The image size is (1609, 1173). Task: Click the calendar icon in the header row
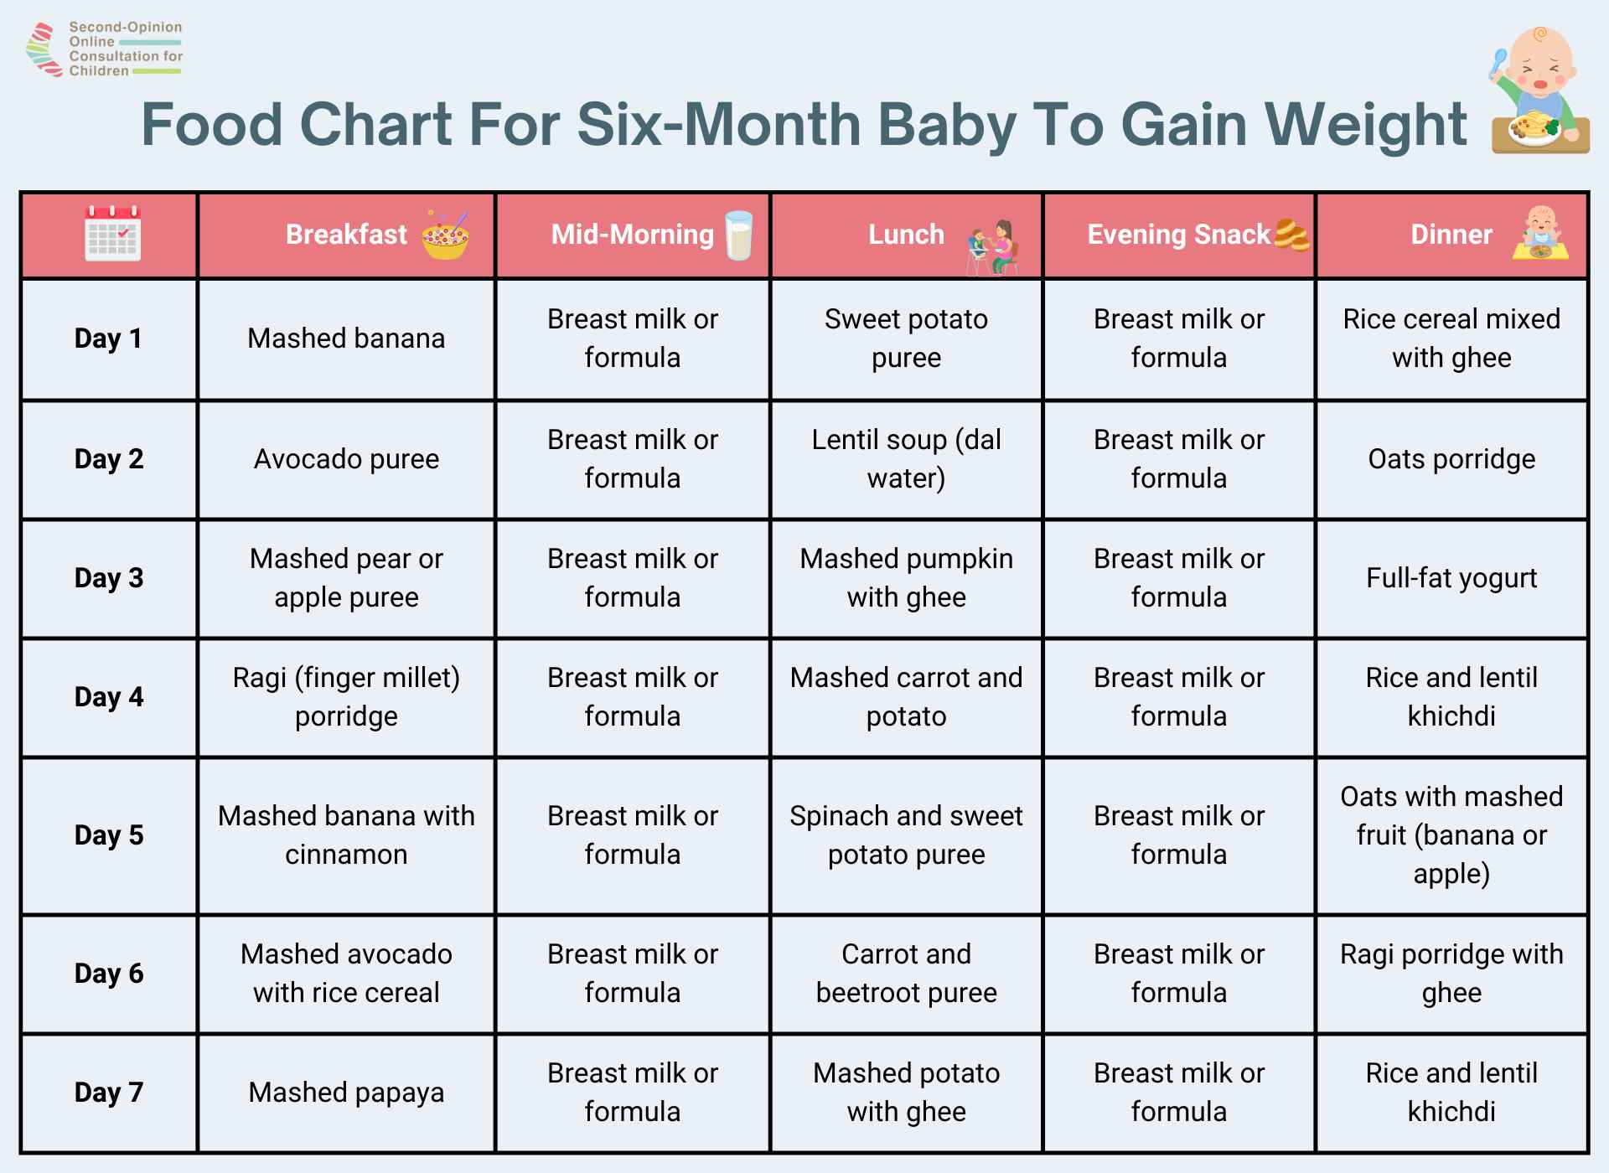click(x=112, y=234)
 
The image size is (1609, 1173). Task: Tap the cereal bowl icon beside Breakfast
click(x=446, y=235)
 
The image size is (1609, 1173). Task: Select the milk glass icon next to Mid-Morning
click(x=738, y=235)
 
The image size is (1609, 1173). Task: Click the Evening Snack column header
click(x=1178, y=235)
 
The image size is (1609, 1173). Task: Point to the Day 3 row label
click(x=109, y=578)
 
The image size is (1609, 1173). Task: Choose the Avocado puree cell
click(x=346, y=459)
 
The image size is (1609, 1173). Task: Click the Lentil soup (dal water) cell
click(x=906, y=459)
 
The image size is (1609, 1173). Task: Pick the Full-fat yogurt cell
click(x=1451, y=578)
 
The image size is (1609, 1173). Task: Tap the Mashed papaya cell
click(x=346, y=1093)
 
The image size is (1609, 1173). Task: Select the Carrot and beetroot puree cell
click(x=906, y=974)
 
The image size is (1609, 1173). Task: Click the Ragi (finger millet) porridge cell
click(x=346, y=697)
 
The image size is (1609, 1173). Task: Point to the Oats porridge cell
click(x=1451, y=459)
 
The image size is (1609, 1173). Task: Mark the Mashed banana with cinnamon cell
click(x=346, y=835)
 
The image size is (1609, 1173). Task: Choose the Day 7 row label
click(x=109, y=1093)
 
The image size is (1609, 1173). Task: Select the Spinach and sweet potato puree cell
click(x=906, y=835)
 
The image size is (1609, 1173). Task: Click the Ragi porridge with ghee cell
click(x=1451, y=974)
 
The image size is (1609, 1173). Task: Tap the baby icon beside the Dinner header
click(x=1540, y=234)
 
